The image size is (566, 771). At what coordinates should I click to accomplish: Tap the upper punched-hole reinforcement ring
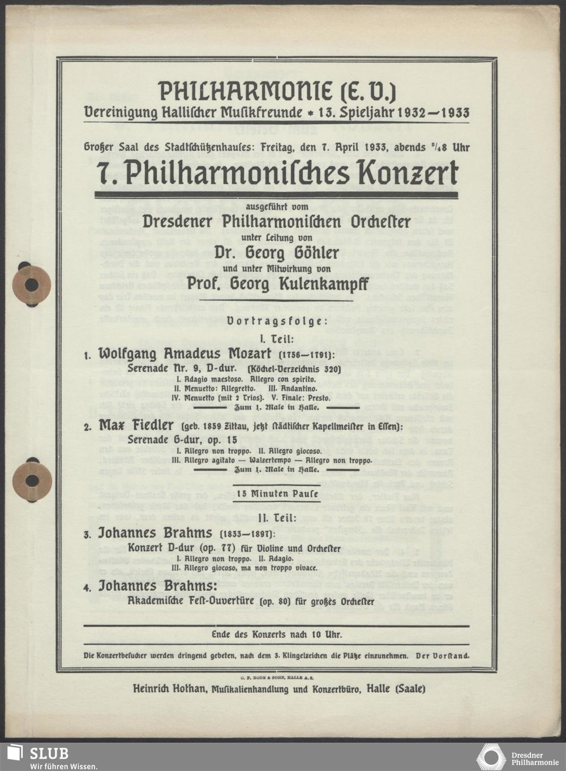coord(32,285)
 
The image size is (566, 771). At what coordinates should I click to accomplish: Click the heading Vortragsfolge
coord(276,321)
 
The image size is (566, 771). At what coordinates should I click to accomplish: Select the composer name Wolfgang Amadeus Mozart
coord(187,354)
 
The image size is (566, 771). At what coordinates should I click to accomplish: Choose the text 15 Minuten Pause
coord(276,494)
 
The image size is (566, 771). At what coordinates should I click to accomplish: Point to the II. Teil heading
coord(276,517)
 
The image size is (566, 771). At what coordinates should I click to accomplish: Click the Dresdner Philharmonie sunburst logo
coord(491,757)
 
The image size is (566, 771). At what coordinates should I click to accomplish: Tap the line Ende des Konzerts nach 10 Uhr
coord(276,635)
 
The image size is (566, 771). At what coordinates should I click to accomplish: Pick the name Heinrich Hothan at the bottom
coord(168,689)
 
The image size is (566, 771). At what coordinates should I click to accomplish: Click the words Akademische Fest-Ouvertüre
coord(192,601)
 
